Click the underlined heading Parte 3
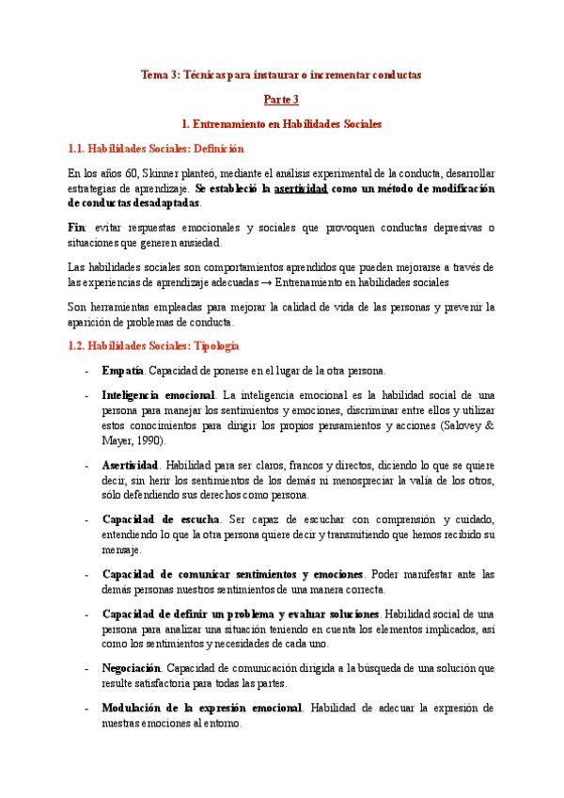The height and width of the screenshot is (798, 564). tap(281, 99)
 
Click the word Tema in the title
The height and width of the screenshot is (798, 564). tap(153, 73)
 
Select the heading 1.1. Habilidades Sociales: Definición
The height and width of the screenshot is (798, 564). tap(156, 149)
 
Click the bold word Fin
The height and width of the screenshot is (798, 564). tap(77, 229)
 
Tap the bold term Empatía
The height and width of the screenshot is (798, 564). tap(122, 371)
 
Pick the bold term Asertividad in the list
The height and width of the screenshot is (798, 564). tap(130, 465)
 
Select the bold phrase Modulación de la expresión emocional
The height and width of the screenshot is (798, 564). tap(201, 708)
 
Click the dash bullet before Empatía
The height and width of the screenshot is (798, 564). tap(87, 371)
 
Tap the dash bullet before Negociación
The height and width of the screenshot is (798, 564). tap(87, 668)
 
